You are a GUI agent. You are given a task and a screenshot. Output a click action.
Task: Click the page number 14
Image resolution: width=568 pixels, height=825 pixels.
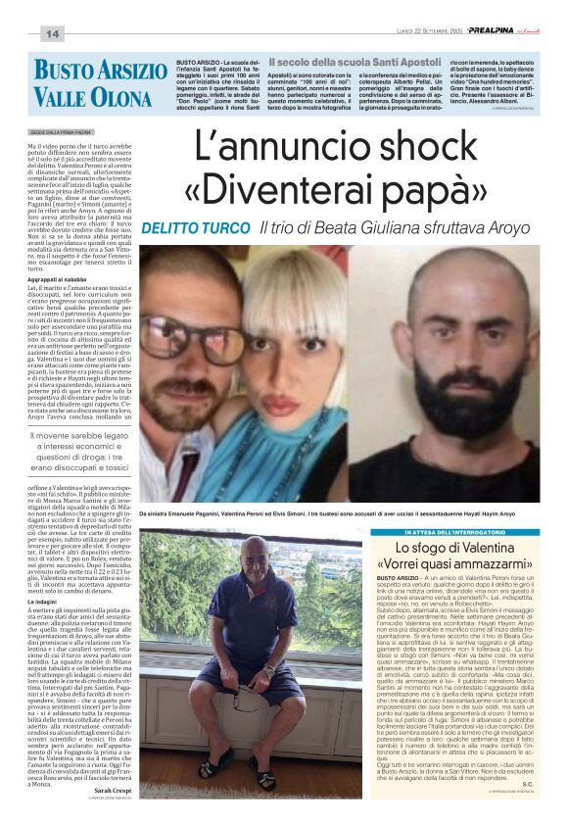tap(52, 34)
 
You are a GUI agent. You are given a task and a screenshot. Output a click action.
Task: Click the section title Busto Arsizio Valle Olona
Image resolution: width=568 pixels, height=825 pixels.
tap(99, 83)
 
